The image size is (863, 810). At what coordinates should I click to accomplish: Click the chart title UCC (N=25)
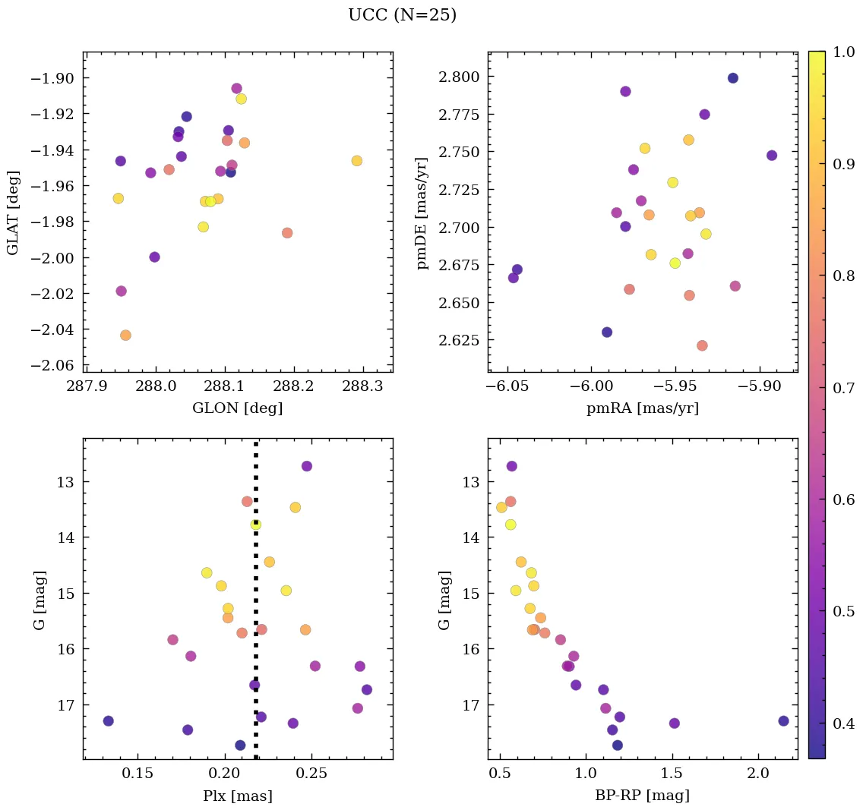(402, 15)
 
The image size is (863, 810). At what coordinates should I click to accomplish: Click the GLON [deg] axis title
(238, 408)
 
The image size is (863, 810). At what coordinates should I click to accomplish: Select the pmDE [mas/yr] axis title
(422, 213)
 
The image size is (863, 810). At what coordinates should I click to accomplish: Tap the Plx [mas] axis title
(238, 796)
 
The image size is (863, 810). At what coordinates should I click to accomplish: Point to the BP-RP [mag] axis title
(643, 796)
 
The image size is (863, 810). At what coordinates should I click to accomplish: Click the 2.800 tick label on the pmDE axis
(459, 77)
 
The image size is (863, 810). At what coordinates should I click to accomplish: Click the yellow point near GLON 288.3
(357, 161)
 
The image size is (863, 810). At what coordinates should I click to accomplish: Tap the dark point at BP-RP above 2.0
(783, 721)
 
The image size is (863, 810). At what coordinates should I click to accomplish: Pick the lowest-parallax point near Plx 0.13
(109, 721)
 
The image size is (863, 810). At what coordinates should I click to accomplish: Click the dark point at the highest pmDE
(733, 78)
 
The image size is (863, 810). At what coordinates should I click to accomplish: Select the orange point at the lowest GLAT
(125, 336)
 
